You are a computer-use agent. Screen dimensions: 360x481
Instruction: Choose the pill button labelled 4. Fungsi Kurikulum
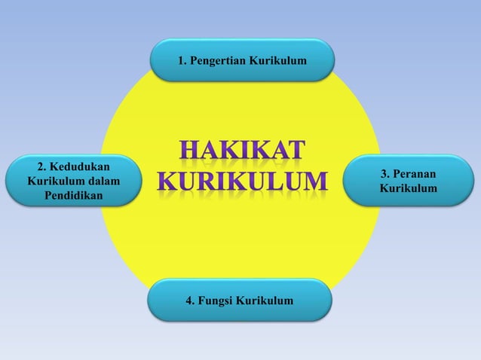click(241, 301)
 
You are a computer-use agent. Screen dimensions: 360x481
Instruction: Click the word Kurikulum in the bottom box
click(264, 301)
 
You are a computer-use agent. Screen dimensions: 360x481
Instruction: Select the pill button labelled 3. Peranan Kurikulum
click(408, 180)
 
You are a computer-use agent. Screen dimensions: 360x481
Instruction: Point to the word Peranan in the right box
click(415, 173)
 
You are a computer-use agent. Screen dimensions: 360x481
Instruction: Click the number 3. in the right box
click(386, 173)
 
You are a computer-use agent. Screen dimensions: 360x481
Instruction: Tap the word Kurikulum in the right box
click(408, 187)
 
